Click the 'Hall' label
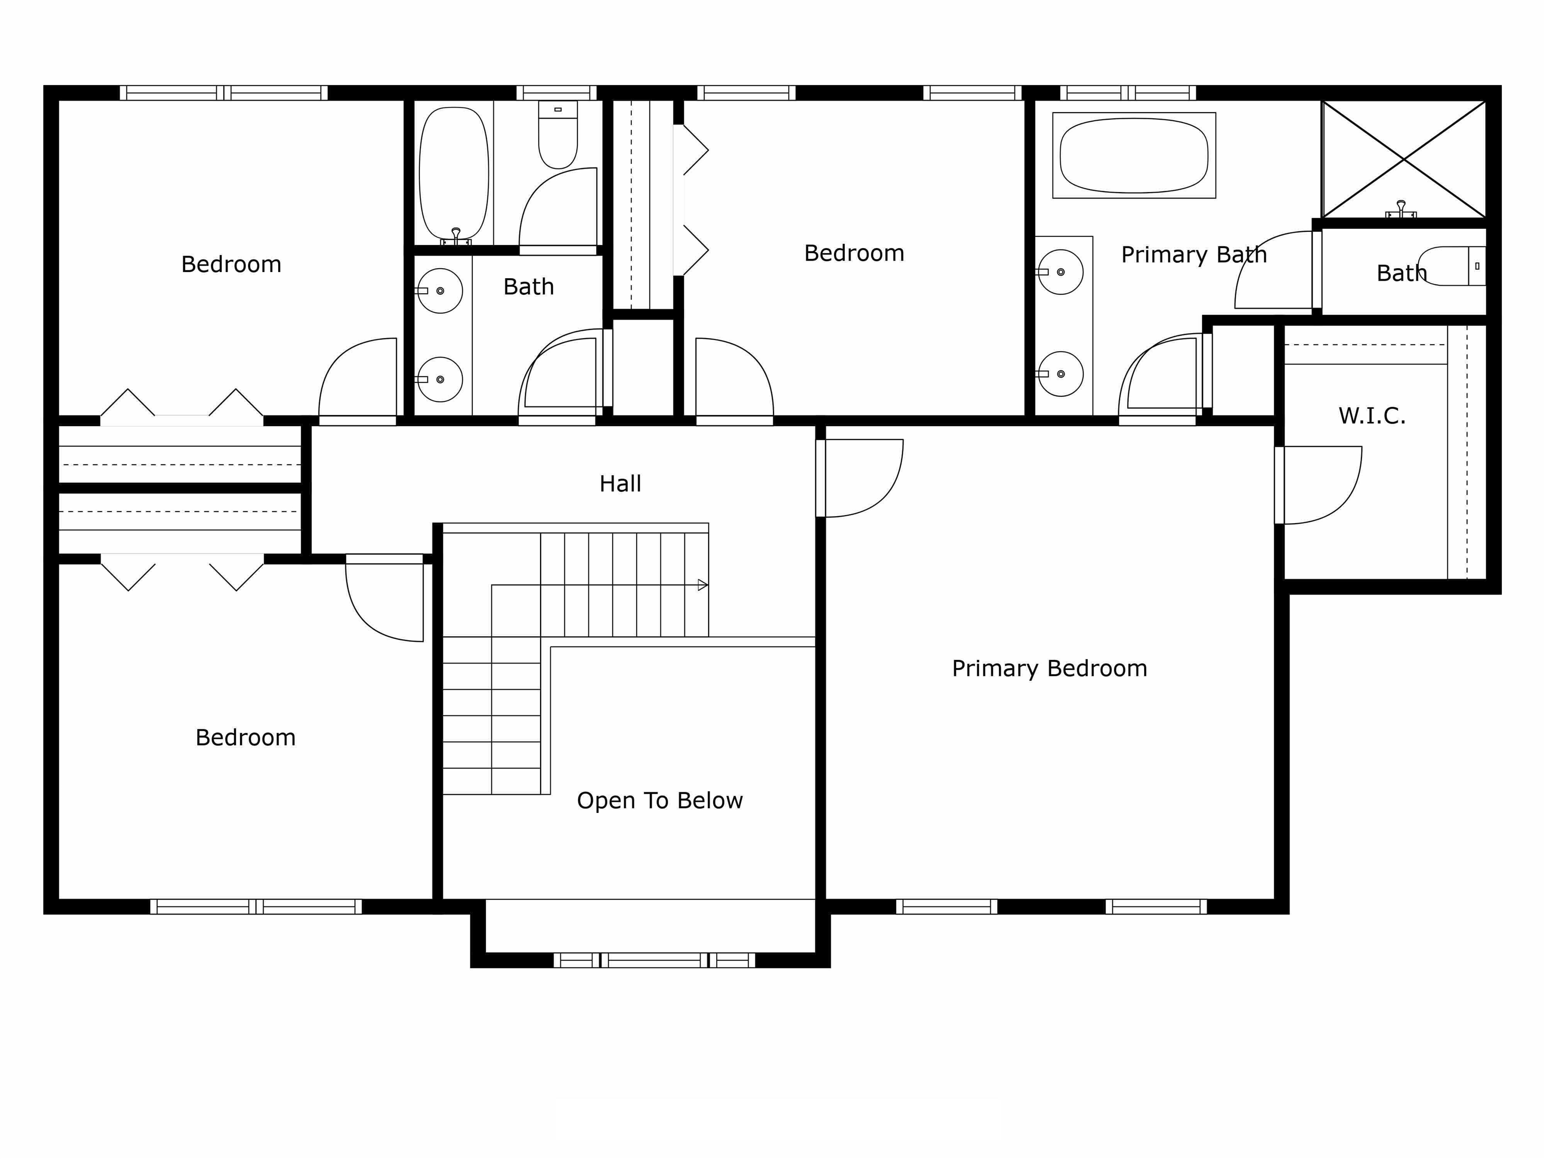tap(620, 483)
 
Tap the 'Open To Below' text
tap(659, 801)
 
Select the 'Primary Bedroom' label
tap(1049, 669)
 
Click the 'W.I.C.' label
tap(1372, 416)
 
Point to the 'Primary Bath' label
tap(1193, 255)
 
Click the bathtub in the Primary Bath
tap(1134, 155)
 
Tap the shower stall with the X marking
tap(1404, 159)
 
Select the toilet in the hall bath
tap(558, 134)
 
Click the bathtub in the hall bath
tap(454, 173)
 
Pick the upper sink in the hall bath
tap(440, 291)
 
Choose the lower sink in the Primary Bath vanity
tap(1060, 374)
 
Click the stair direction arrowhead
tap(703, 585)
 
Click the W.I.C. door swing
tap(1319, 485)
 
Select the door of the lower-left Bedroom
tap(385, 598)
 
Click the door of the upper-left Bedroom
tap(358, 381)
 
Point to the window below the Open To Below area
tap(654, 960)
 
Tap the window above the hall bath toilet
tap(557, 93)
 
